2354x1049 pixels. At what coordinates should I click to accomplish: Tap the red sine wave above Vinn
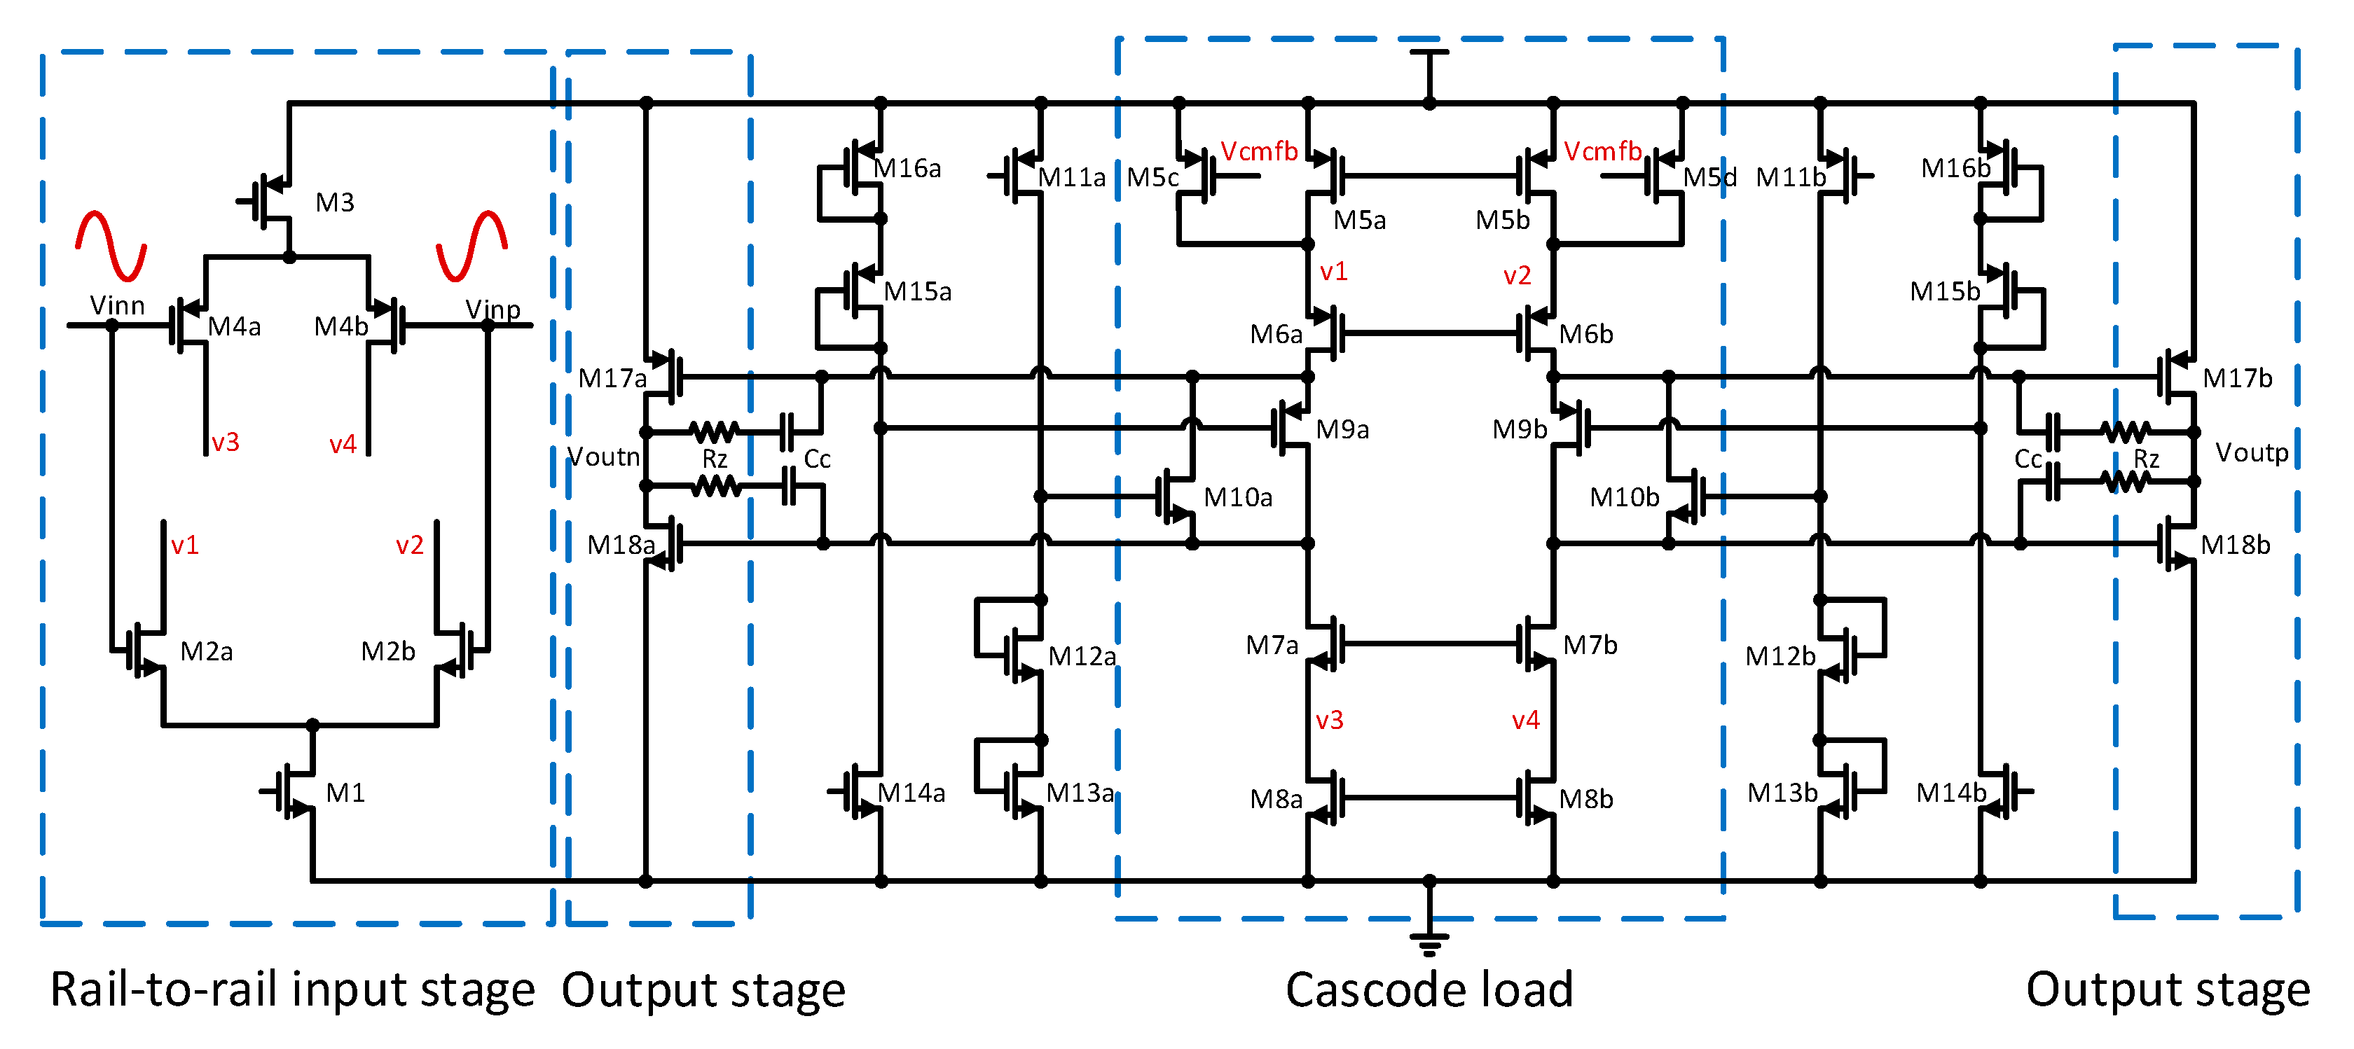pyautogui.click(x=111, y=245)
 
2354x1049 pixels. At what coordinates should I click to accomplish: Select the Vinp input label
pyautogui.click(x=493, y=309)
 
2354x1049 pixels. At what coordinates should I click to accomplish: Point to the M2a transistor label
pyautogui.click(x=207, y=651)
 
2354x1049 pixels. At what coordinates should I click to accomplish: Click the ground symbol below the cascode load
pyautogui.click(x=1429, y=940)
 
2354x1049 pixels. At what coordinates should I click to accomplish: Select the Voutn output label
pyautogui.click(x=603, y=456)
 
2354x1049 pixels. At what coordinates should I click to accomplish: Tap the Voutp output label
pyautogui.click(x=2252, y=452)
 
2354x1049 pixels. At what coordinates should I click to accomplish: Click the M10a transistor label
pyautogui.click(x=1237, y=497)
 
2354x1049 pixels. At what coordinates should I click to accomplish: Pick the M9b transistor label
pyautogui.click(x=1519, y=429)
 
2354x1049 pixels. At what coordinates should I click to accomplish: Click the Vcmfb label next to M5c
pyautogui.click(x=1258, y=152)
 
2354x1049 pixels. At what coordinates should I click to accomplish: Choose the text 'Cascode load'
pyautogui.click(x=1429, y=989)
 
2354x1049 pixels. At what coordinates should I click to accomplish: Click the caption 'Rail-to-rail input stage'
pyautogui.click(x=291, y=989)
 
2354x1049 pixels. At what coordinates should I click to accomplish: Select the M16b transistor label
pyautogui.click(x=1955, y=168)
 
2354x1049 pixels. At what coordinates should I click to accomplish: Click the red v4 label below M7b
pyautogui.click(x=1525, y=720)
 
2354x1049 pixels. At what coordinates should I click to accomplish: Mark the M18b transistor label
pyautogui.click(x=2234, y=545)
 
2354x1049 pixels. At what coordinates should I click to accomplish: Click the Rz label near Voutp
pyautogui.click(x=2146, y=459)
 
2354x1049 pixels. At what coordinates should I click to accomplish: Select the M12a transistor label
pyautogui.click(x=1081, y=656)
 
